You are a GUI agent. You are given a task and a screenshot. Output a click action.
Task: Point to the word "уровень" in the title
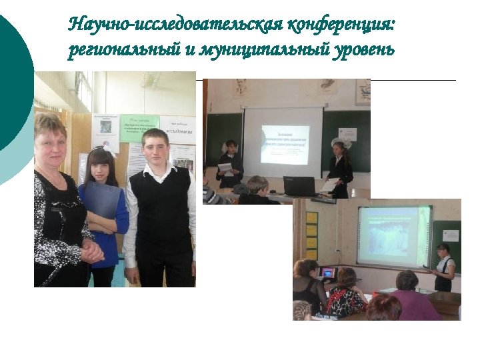[364, 51]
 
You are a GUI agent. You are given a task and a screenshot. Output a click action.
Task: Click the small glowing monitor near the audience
[327, 273]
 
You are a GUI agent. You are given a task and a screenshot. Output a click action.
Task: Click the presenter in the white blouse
[443, 267]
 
